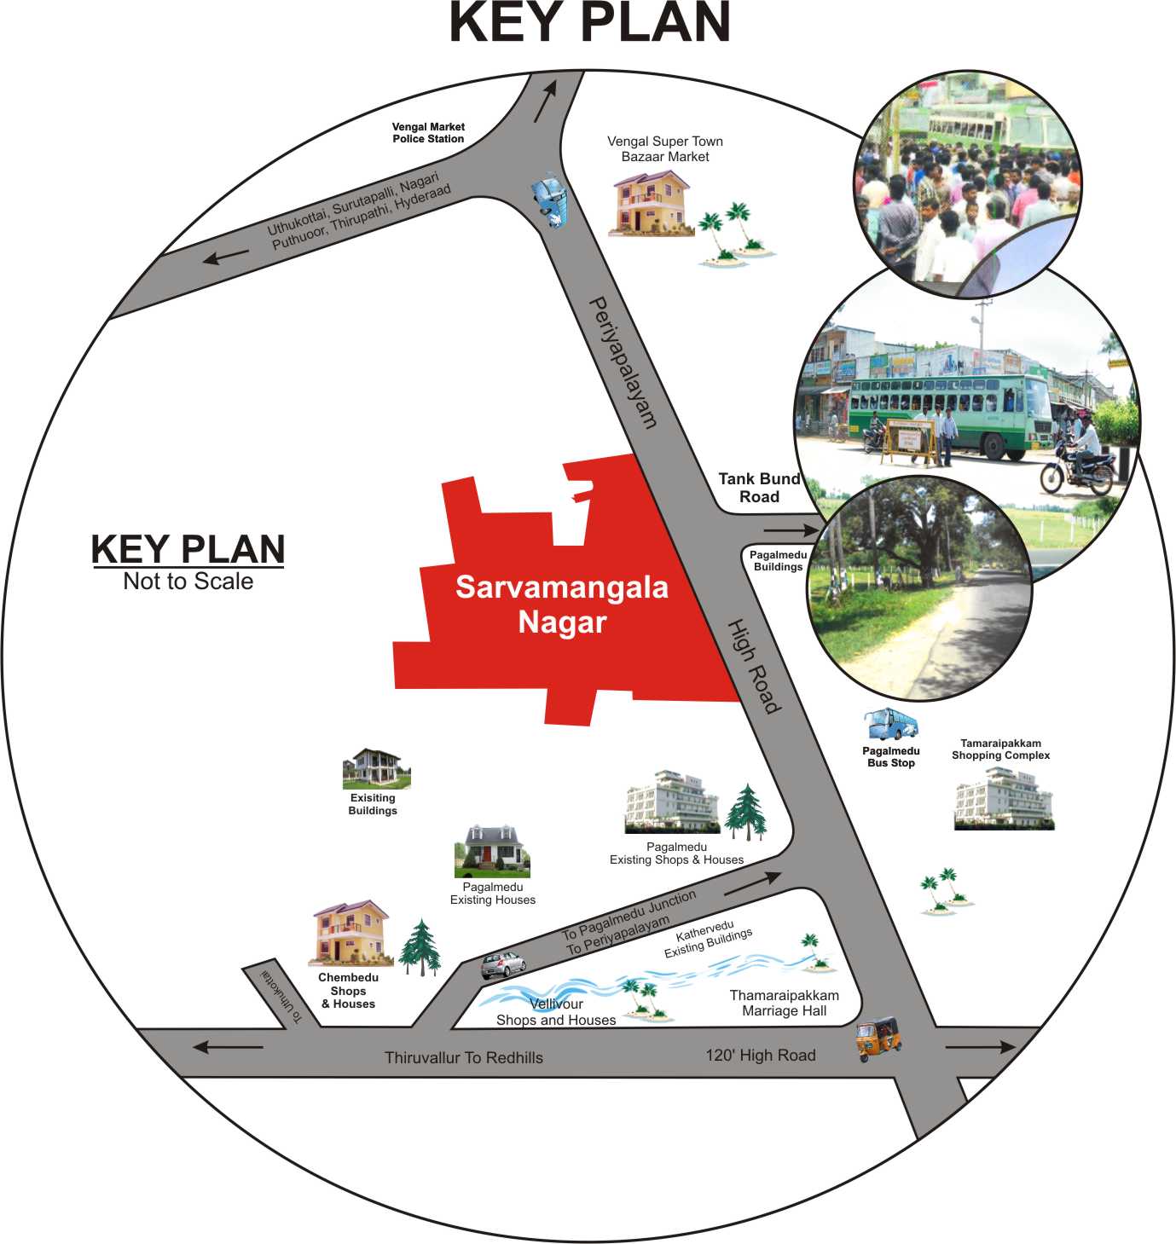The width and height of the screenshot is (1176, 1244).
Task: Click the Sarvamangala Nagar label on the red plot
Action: pyautogui.click(x=562, y=605)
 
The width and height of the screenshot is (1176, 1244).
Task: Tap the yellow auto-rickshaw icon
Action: pyautogui.click(x=878, y=1039)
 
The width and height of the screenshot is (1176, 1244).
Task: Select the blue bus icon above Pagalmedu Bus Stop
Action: pyautogui.click(x=891, y=723)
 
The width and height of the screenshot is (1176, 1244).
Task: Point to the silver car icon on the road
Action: pyautogui.click(x=503, y=965)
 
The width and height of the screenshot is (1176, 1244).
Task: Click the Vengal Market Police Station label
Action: pyautogui.click(x=428, y=133)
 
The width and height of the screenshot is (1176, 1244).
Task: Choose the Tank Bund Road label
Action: pyautogui.click(x=759, y=487)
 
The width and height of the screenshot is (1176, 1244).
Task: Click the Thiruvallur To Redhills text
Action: pyautogui.click(x=464, y=1057)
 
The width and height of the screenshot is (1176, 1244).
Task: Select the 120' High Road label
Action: pyautogui.click(x=760, y=1055)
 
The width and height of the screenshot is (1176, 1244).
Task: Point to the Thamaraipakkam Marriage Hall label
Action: pyautogui.click(x=785, y=1003)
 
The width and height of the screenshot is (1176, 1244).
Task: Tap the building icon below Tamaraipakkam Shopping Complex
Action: pyautogui.click(x=1004, y=799)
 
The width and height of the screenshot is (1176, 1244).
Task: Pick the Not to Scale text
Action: pyautogui.click(x=188, y=581)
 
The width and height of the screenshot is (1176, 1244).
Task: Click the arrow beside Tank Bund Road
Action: pyautogui.click(x=791, y=530)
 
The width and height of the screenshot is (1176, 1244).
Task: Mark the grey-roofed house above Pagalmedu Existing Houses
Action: pyautogui.click(x=492, y=851)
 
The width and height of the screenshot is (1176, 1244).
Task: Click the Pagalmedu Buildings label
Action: pyautogui.click(x=778, y=561)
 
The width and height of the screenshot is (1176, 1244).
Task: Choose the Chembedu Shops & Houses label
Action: pyautogui.click(x=348, y=990)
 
